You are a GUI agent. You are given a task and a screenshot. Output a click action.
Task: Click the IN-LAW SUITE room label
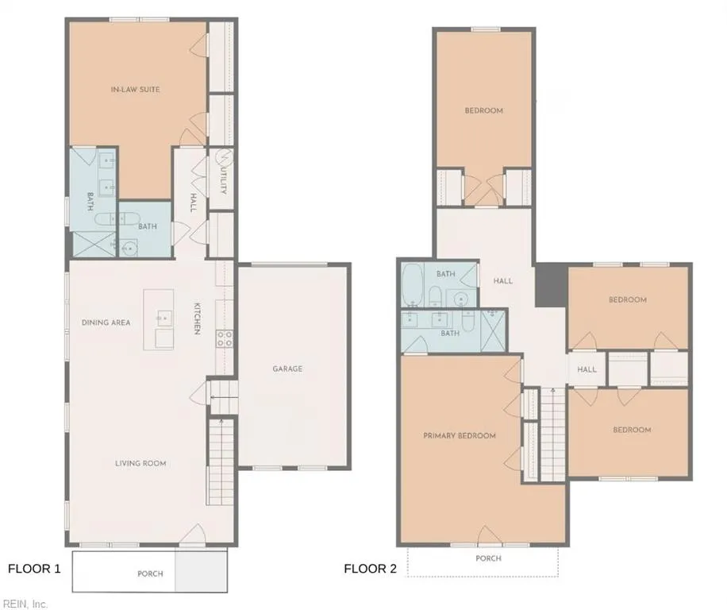(135, 90)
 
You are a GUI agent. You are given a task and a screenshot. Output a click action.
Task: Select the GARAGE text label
(287, 369)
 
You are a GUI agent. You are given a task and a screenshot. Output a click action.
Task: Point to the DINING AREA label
(106, 322)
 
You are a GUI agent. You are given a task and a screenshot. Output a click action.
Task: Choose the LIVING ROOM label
(140, 463)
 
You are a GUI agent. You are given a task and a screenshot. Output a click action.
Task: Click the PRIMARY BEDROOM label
(459, 435)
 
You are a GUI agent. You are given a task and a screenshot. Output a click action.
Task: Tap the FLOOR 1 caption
(34, 569)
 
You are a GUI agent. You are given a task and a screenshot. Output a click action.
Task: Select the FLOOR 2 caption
(370, 569)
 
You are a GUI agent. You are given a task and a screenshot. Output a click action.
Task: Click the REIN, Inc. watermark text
(25, 604)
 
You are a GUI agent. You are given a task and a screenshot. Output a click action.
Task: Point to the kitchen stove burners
(225, 339)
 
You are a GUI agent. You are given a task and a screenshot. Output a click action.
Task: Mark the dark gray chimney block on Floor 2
(548, 286)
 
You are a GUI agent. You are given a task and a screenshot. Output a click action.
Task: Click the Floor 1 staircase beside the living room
(221, 461)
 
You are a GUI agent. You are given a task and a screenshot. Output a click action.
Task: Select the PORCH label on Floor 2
(488, 558)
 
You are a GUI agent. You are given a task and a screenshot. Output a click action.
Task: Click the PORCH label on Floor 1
(149, 573)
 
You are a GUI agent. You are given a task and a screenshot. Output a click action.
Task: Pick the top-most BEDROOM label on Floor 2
(483, 110)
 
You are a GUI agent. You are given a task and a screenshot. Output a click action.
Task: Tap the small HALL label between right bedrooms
(587, 369)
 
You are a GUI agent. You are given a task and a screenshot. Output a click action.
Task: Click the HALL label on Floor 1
(193, 203)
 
